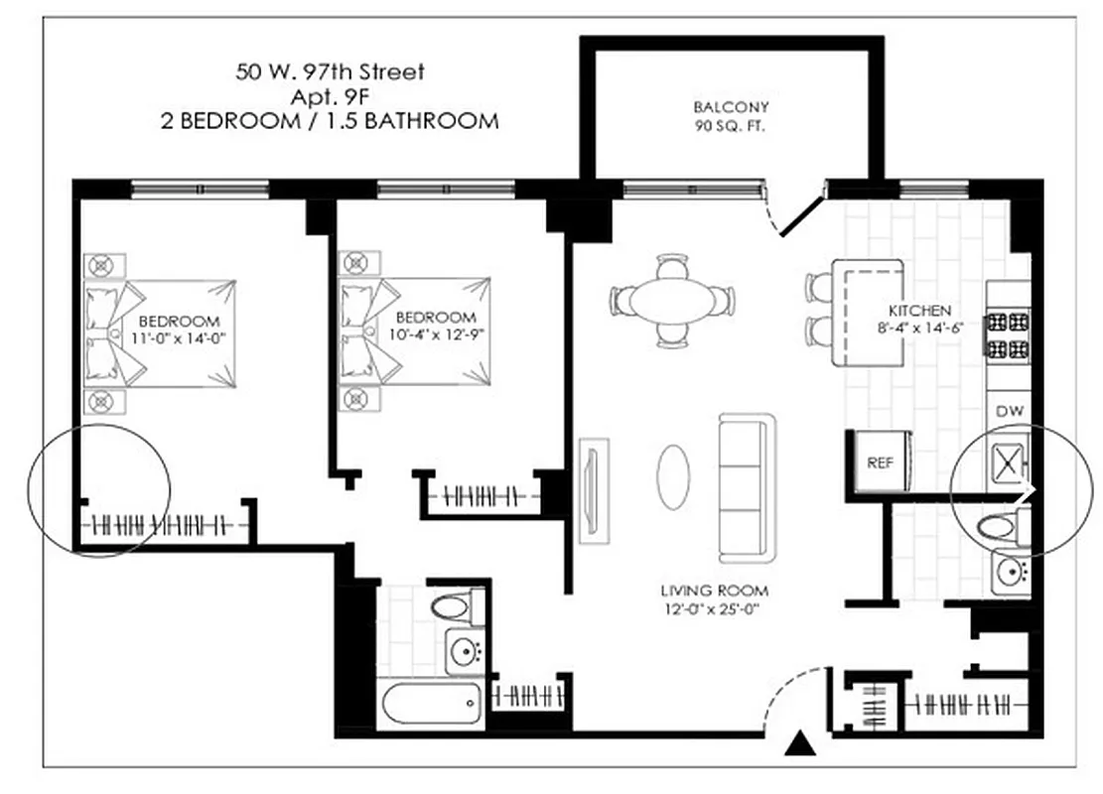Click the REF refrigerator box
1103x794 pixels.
(x=881, y=462)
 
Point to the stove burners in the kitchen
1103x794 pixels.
(x=1007, y=334)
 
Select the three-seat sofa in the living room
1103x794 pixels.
(x=747, y=488)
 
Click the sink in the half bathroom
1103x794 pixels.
(x=1011, y=570)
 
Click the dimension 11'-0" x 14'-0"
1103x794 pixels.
(x=179, y=337)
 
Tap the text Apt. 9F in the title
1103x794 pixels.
(x=329, y=96)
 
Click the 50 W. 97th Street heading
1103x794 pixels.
(x=329, y=71)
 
